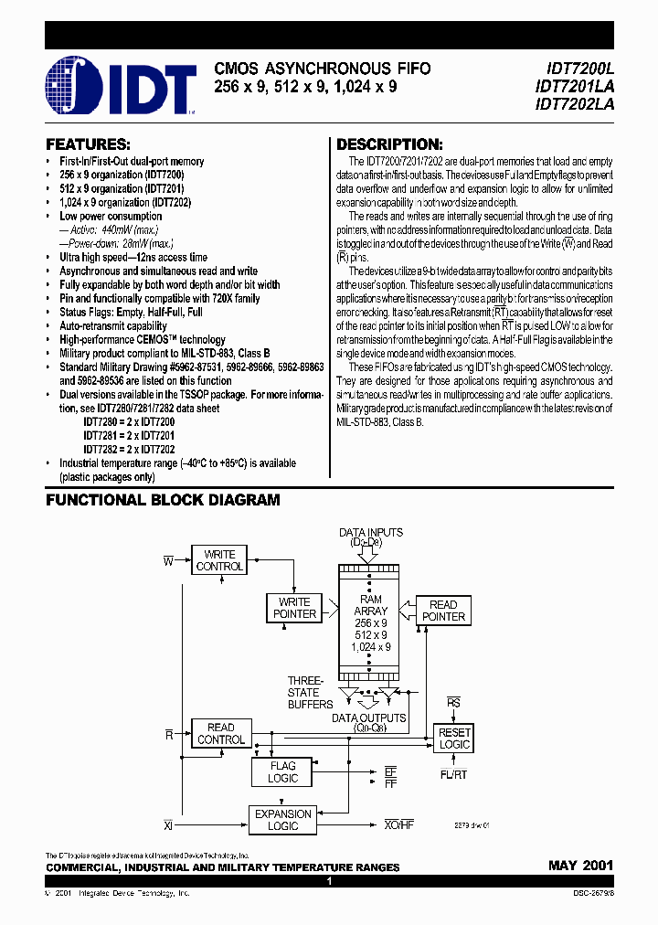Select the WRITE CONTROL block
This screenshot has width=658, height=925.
click(219, 560)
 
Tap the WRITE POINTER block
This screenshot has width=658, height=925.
click(294, 608)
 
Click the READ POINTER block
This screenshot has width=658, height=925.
click(443, 611)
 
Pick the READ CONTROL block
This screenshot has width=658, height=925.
click(220, 734)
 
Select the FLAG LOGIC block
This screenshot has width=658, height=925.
click(282, 772)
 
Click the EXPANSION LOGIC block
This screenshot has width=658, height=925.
click(282, 819)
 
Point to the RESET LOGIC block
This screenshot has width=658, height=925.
click(453, 739)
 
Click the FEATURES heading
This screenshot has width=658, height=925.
click(88, 145)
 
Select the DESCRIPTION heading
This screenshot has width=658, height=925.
click(389, 145)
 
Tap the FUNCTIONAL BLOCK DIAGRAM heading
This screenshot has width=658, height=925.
click(163, 500)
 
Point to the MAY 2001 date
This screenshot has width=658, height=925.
click(580, 865)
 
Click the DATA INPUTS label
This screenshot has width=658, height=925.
click(370, 532)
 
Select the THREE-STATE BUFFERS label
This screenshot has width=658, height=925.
click(304, 692)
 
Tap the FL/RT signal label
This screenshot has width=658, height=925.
click(453, 774)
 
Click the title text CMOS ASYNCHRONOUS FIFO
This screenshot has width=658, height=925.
click(322, 69)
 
